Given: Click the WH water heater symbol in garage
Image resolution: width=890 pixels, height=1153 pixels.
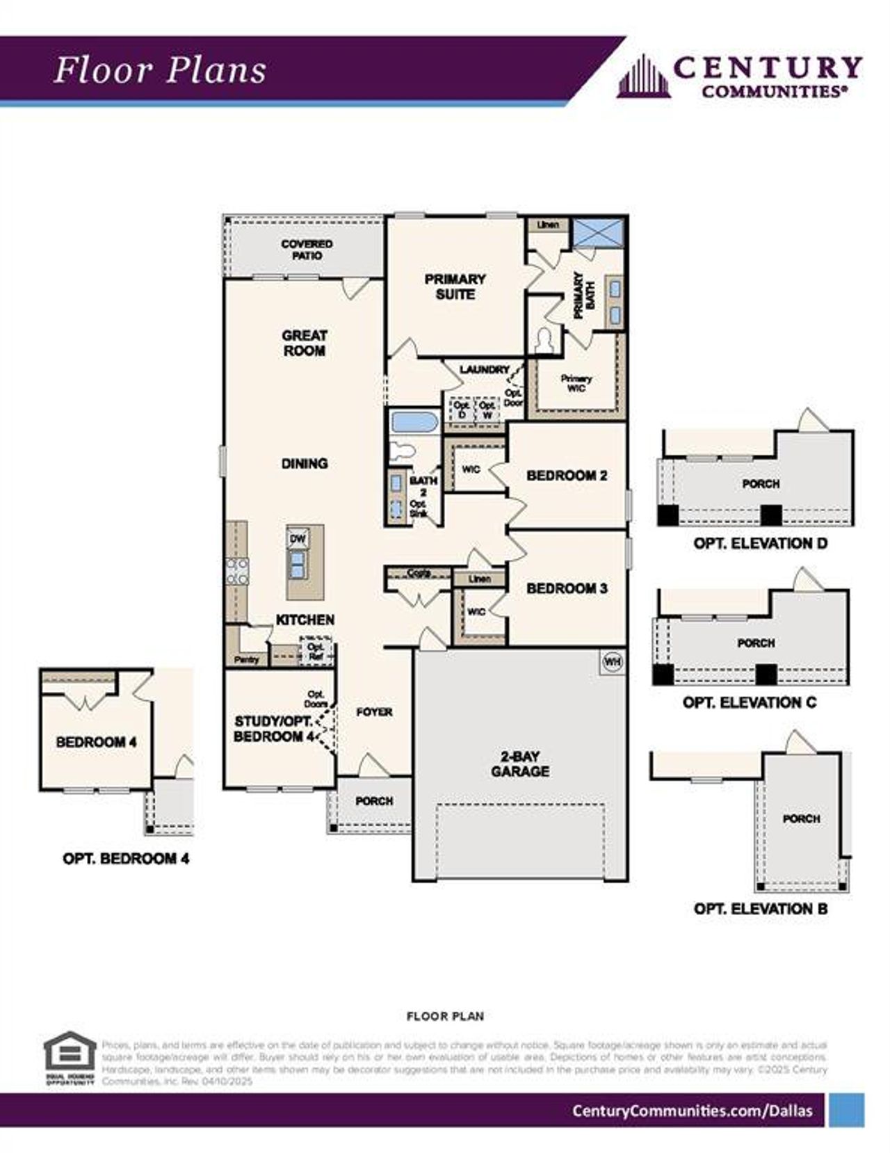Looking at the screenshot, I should pos(612,661).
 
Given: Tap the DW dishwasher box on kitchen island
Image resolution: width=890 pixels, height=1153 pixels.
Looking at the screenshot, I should pos(298,538).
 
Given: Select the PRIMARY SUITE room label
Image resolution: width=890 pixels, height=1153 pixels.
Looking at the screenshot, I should pos(455,287).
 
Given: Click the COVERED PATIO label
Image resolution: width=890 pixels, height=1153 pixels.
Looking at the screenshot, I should pos(307,250).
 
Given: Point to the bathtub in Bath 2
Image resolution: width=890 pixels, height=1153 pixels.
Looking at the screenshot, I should pos(414,421).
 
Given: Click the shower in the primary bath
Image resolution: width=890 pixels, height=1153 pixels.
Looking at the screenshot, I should pos(598,232).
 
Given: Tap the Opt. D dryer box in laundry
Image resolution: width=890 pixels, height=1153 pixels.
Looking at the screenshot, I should pos(461,409).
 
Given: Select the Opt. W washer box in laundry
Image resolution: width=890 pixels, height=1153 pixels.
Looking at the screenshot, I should pos(487,409).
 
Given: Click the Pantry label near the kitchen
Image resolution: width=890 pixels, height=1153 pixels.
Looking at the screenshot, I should pos(247,659).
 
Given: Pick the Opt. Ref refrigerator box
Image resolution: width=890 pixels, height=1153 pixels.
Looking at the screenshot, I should pos(315,652).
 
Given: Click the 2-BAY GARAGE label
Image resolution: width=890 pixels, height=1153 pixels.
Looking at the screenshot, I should pos(520,764).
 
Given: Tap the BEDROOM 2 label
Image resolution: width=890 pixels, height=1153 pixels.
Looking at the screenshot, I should pos(567,476).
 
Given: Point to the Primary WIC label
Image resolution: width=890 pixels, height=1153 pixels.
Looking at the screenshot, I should pos(576,383).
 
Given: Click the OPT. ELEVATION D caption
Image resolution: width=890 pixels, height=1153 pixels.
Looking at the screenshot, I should pos(760,543).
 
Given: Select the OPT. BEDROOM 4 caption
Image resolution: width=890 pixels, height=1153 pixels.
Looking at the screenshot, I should pos(126,858).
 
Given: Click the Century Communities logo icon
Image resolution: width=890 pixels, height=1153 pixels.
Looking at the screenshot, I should pos(644,76).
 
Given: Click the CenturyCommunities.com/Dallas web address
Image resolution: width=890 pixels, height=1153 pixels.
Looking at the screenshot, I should pos(692,1111).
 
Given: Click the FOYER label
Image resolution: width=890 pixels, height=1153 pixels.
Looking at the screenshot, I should pos(374,712).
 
